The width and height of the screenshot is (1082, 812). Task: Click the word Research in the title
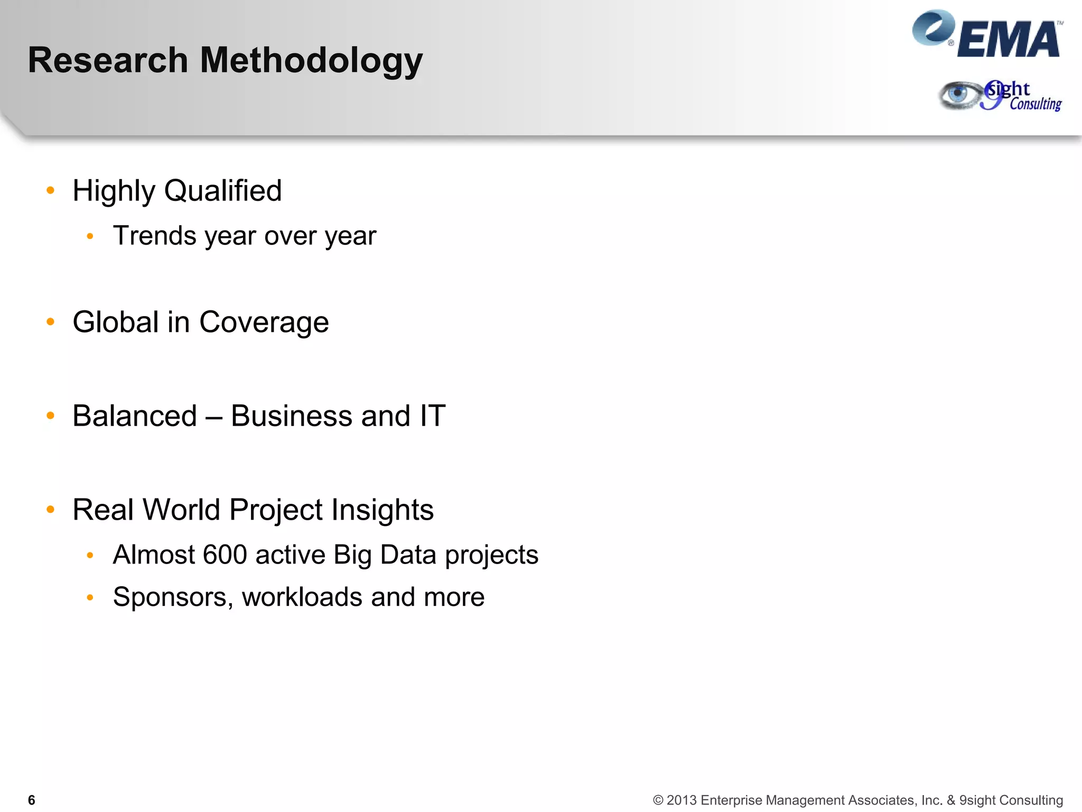(x=108, y=60)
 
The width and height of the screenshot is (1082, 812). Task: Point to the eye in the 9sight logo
(x=958, y=95)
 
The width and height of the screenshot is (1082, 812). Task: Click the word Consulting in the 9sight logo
(x=1036, y=104)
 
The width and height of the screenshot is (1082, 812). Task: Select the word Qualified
(x=223, y=191)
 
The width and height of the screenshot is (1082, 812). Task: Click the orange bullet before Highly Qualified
(x=51, y=190)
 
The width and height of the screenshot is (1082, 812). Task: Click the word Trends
(x=155, y=236)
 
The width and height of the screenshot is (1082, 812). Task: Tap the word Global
(x=116, y=322)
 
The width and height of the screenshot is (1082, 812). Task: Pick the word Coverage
(x=264, y=322)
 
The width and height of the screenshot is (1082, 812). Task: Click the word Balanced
(x=135, y=416)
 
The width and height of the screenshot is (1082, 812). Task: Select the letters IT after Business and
(x=433, y=416)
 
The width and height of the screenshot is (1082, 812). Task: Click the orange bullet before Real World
(x=51, y=510)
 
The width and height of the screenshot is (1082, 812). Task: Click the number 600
(x=225, y=555)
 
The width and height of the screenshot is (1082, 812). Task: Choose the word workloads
(x=302, y=597)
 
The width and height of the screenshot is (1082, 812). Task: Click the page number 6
(x=32, y=800)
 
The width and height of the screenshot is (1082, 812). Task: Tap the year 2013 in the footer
(x=682, y=800)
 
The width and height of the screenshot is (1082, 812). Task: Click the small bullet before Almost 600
(x=90, y=555)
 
